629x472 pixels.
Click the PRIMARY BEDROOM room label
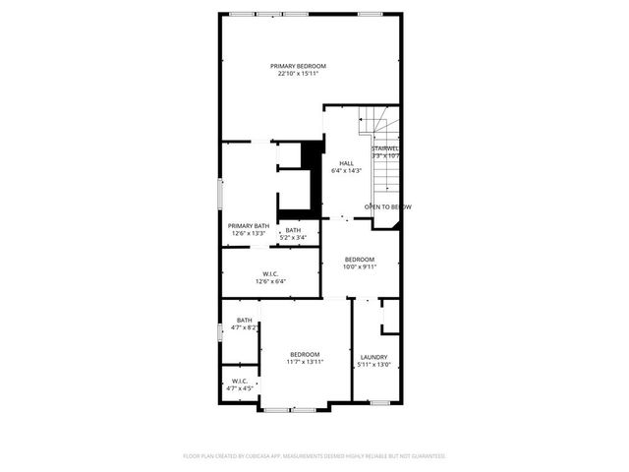click(x=298, y=65)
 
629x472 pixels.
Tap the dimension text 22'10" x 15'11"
click(x=298, y=73)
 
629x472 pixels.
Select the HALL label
click(x=346, y=163)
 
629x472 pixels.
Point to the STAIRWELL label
click(x=385, y=147)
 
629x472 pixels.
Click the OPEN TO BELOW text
click(x=387, y=206)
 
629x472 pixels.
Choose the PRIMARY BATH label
click(x=249, y=225)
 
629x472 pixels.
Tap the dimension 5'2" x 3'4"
click(x=293, y=237)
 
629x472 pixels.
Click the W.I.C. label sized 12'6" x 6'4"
click(x=270, y=273)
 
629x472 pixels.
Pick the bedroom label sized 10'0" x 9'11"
click(x=360, y=259)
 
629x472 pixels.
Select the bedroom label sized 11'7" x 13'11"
click(x=305, y=354)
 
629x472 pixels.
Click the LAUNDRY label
click(x=373, y=357)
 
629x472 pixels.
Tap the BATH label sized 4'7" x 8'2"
click(x=244, y=320)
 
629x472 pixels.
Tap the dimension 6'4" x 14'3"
click(x=346, y=171)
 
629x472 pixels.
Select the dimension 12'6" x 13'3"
click(x=249, y=233)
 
